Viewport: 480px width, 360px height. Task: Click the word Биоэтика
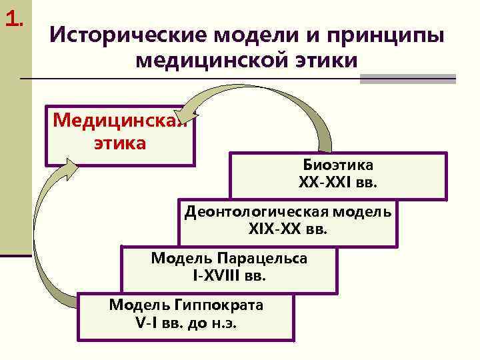point(338,165)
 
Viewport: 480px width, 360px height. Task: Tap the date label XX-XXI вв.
point(338,181)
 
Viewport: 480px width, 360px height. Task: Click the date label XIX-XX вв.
point(288,229)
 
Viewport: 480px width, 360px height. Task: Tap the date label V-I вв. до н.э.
point(186,323)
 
